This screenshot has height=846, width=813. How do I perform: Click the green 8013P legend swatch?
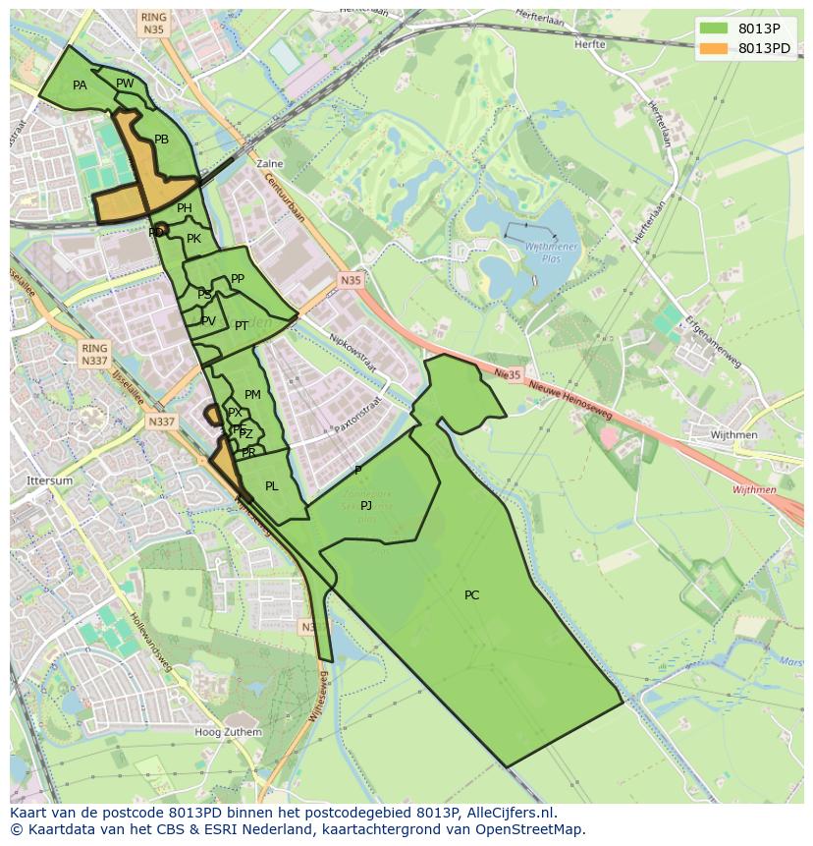pyautogui.click(x=714, y=28)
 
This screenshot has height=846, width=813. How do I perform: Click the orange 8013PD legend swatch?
pyautogui.click(x=714, y=48)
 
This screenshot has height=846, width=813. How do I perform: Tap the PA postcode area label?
pyautogui.click(x=80, y=85)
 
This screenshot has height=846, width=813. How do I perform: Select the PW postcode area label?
pyautogui.click(x=125, y=84)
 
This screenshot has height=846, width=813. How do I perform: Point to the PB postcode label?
pyautogui.click(x=161, y=140)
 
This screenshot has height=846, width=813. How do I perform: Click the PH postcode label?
pyautogui.click(x=185, y=208)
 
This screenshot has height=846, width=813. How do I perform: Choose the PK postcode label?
pyautogui.click(x=193, y=239)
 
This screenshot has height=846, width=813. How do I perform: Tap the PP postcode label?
pyautogui.click(x=237, y=279)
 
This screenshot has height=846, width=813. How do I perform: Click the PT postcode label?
pyautogui.click(x=241, y=325)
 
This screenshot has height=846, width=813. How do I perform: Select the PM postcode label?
pyautogui.click(x=252, y=395)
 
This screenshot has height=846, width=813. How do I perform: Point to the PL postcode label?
pyautogui.click(x=271, y=485)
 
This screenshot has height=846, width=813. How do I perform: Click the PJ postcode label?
pyautogui.click(x=366, y=505)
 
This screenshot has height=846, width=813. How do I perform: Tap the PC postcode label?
pyautogui.click(x=471, y=594)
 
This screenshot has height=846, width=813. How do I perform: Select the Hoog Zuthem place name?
pyautogui.click(x=228, y=732)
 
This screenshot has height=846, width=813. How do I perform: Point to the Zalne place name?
pyautogui.click(x=268, y=164)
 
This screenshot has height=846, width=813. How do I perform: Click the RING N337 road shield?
pyautogui.click(x=94, y=355)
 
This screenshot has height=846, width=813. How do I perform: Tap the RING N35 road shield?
pyautogui.click(x=153, y=24)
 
